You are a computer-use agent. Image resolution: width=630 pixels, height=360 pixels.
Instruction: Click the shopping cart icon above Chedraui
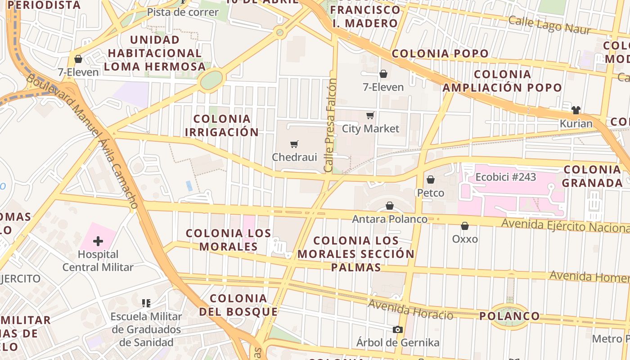pyautogui.click(x=294, y=144)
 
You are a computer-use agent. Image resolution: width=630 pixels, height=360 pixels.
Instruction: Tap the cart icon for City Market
pyautogui.click(x=370, y=116)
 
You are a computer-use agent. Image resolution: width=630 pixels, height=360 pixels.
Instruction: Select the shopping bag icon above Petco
pyautogui.click(x=431, y=180)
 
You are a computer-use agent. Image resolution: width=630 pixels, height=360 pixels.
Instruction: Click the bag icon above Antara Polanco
pyautogui.click(x=390, y=206)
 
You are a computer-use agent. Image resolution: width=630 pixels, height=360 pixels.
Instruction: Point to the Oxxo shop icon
pyautogui.click(x=465, y=226)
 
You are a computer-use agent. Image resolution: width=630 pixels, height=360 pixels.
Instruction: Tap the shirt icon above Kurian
pyautogui.click(x=576, y=110)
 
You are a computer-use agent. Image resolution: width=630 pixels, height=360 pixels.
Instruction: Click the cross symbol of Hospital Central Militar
pyautogui.click(x=98, y=241)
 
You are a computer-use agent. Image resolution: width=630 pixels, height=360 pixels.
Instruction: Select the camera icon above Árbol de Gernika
pyautogui.click(x=397, y=329)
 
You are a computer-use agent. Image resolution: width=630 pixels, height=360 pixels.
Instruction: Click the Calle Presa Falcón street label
pyautogui.click(x=331, y=125)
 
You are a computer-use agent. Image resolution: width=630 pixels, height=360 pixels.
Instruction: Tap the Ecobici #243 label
pyautogui.click(x=506, y=177)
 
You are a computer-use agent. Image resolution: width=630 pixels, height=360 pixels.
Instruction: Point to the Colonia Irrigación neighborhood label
pyautogui.click(x=222, y=126)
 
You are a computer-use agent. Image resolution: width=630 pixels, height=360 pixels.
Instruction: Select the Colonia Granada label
pyautogui.click(x=592, y=176)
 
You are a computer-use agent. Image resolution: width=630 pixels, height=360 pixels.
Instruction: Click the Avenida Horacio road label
pyautogui.click(x=410, y=310)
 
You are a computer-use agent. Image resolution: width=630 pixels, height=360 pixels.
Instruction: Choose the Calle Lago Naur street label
pyautogui.click(x=549, y=25)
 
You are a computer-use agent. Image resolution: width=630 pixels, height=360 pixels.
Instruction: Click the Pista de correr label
pyautogui.click(x=183, y=12)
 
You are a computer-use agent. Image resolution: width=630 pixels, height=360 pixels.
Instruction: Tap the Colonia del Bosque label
pyautogui.click(x=238, y=305)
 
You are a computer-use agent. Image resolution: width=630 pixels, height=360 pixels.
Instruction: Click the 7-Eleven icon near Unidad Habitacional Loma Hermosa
pyautogui.click(x=78, y=59)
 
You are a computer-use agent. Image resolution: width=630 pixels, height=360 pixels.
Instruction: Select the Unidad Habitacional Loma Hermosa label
pyautogui.click(x=155, y=53)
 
